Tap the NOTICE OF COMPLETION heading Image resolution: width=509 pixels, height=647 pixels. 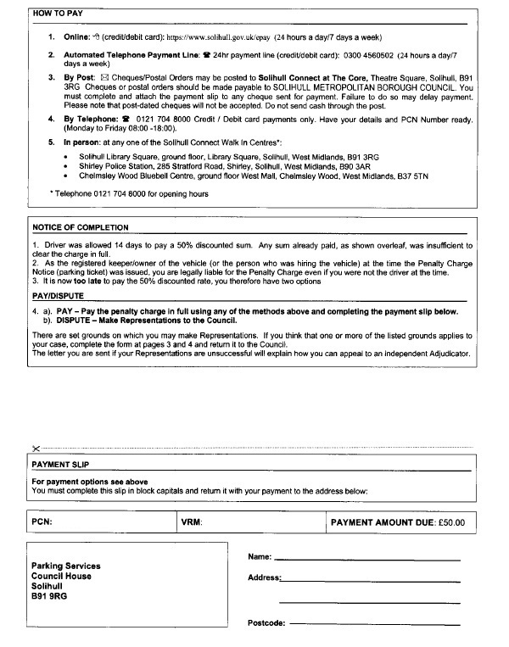(80, 228)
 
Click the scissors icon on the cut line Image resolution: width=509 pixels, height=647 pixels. (35, 448)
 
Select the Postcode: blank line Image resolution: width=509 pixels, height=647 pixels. (374, 624)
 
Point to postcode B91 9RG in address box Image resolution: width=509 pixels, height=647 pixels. (50, 596)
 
